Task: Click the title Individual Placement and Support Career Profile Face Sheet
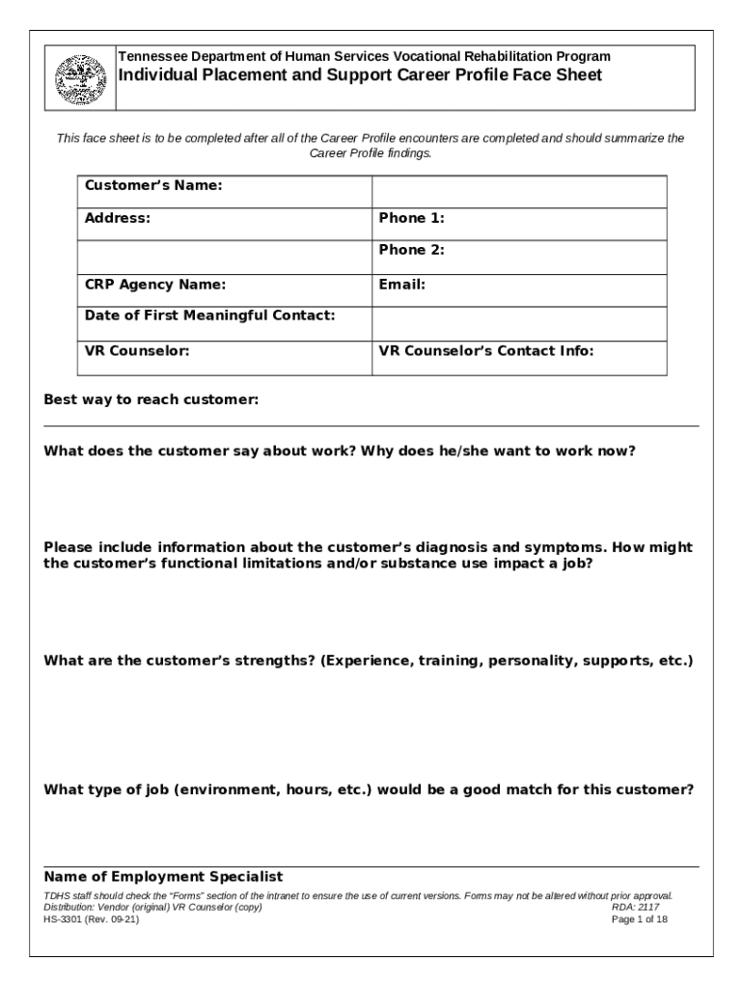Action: tap(359, 75)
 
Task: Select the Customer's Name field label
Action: tap(153, 184)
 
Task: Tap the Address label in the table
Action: tap(118, 218)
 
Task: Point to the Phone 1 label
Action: tap(411, 218)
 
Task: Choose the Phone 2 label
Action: tap(411, 250)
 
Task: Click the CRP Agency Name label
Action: tap(155, 285)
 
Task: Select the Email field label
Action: tap(401, 285)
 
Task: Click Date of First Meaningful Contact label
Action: tap(209, 316)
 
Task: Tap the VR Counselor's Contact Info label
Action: tap(485, 351)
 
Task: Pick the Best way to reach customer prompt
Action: tap(151, 399)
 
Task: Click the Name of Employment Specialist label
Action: tap(163, 877)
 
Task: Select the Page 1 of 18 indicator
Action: tap(640, 919)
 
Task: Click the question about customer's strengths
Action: tap(369, 661)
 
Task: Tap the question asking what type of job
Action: tap(369, 788)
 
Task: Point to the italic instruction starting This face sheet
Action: tap(371, 145)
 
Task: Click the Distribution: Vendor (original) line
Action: tap(152, 908)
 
